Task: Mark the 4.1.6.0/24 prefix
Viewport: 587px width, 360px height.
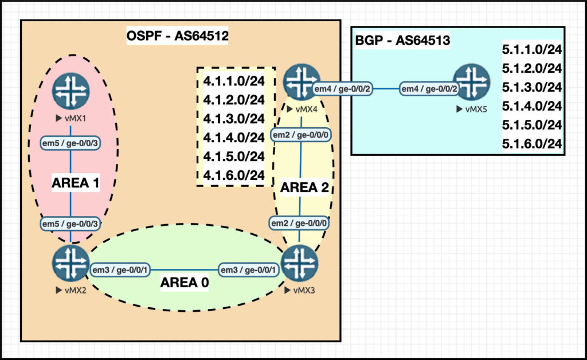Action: [233, 175]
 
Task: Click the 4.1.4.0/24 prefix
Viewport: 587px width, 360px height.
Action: [233, 138]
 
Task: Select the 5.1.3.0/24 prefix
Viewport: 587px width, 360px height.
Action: [531, 87]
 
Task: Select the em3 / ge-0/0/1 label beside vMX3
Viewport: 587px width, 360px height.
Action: [249, 269]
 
